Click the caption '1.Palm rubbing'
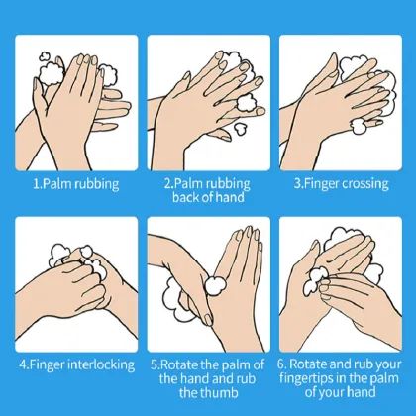77,183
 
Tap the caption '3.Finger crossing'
342,183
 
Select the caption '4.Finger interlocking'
76,364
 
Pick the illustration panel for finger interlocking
76,282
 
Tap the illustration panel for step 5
208,282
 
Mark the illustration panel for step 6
340,282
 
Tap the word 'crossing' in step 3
366,183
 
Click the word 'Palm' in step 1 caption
61,183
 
